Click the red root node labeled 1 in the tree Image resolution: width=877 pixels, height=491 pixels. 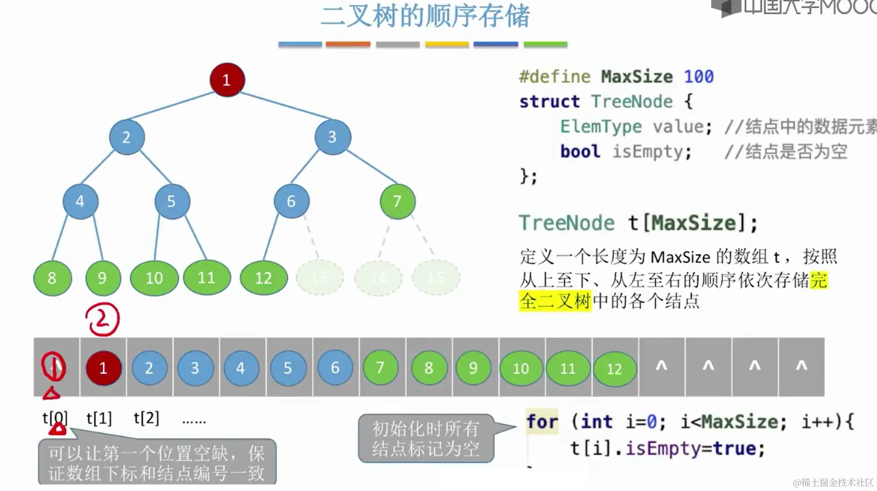[227, 80]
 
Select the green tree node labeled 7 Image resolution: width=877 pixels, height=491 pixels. [397, 201]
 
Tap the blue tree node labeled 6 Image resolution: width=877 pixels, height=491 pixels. [291, 201]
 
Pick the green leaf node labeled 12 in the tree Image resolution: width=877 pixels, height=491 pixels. [263, 278]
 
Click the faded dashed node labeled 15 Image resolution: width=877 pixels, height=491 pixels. [436, 278]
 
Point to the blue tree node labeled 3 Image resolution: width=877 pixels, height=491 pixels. [332, 137]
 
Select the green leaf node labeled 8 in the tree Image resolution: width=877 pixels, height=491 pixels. [52, 278]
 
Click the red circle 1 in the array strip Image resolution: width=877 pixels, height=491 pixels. [103, 368]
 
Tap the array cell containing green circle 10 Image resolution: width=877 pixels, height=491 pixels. [521, 368]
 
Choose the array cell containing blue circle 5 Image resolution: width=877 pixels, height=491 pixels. [288, 368]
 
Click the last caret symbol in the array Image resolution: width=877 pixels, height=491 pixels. [801, 366]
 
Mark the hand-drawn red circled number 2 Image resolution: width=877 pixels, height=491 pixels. [102, 319]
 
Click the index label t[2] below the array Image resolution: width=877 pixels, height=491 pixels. [146, 418]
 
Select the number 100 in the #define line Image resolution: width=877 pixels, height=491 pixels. [699, 76]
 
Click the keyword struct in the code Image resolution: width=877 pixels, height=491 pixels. [549, 102]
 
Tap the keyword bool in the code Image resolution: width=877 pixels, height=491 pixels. [580, 151]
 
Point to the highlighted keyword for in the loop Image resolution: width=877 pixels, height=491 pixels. [542, 422]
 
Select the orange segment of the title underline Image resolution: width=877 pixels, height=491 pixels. [348, 44]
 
